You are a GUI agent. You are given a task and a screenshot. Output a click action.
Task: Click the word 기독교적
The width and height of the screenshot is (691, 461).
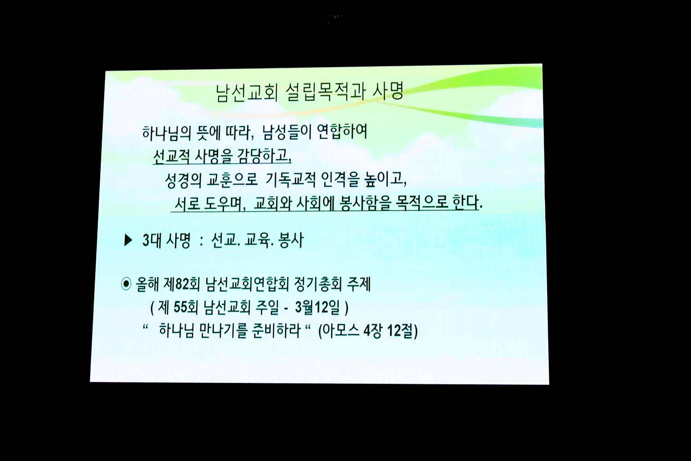point(291,180)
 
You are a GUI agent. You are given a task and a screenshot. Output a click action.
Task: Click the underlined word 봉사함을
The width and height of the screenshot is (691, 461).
point(364,203)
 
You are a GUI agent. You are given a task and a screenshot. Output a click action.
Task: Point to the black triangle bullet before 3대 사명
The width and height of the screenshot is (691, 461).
point(128,240)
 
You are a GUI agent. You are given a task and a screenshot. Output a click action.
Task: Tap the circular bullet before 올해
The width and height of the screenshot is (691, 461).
point(126,284)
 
